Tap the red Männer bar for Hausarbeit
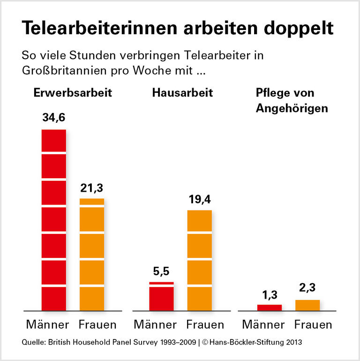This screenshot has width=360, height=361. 161,296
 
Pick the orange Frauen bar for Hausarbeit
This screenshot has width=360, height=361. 199,260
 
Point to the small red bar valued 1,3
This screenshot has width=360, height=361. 270,308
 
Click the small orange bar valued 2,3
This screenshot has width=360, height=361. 307,305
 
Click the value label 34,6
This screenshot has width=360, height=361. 53,118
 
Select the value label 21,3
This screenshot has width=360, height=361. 91,188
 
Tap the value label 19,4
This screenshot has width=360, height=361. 199,199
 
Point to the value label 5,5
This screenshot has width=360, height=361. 161,271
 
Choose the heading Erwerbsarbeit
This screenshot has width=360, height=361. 73,92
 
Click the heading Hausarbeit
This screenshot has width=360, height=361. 182,92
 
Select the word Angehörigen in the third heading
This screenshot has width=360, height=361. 292,108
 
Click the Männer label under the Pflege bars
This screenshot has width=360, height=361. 263,324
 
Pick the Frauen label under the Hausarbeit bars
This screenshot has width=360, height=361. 205,324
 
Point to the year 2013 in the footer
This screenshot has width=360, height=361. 294,342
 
